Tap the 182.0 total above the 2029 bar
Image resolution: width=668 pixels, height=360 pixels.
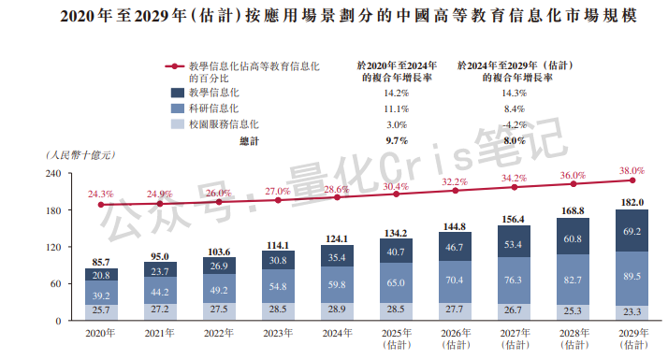[x=632, y=202]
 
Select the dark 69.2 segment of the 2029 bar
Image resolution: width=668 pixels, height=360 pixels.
[x=632, y=230]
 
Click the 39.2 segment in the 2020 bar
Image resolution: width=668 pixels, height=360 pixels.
[x=101, y=295]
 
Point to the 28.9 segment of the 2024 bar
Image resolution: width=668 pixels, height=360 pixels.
[x=337, y=309]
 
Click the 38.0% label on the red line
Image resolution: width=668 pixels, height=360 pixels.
[x=632, y=170]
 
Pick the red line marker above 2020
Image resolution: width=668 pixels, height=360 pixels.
[x=101, y=205]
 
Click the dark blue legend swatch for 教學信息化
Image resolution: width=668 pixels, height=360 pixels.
[x=177, y=93]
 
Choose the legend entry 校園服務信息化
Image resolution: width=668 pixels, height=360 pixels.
[x=224, y=123]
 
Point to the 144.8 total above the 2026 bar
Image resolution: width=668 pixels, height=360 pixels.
[x=456, y=226]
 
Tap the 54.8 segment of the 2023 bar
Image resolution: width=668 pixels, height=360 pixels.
[x=278, y=286]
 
